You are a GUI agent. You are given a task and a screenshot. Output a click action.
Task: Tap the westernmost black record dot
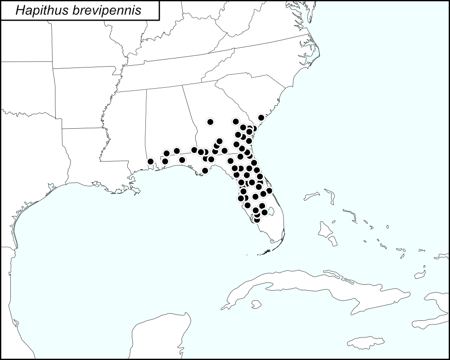pyautogui.click(x=151, y=161)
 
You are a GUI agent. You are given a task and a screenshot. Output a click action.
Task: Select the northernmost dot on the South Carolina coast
pyautogui.click(x=261, y=117)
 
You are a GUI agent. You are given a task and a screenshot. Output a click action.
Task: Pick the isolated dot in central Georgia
pyautogui.click(x=210, y=121)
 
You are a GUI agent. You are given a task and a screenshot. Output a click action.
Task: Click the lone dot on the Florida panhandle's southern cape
pyautogui.click(x=205, y=171)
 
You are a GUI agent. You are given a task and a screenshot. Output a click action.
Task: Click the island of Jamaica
pyautogui.click(x=365, y=343)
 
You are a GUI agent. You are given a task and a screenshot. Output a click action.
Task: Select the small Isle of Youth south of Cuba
pyautogui.click(x=256, y=305)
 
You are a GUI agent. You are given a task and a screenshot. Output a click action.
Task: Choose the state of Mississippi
pyautogui.click(x=126, y=130)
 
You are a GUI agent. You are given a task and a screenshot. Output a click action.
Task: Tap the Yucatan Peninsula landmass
pyautogui.click(x=157, y=337)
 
